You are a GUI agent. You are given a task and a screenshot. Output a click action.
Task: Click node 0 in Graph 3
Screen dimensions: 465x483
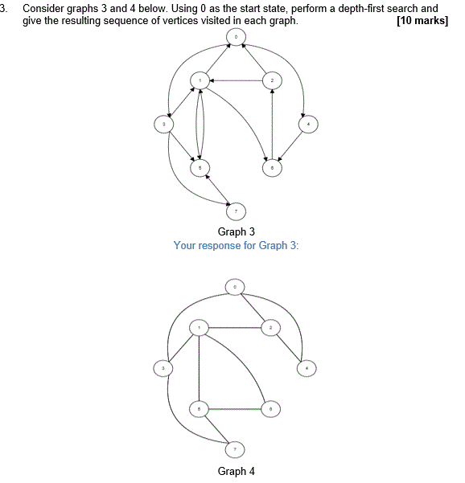click(x=236, y=37)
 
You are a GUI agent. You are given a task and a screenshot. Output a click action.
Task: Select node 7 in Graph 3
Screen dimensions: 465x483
click(x=236, y=211)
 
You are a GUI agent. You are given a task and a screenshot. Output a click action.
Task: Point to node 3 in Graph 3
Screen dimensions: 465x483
click(x=164, y=124)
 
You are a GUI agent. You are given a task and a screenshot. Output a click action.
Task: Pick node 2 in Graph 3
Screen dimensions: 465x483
click(x=272, y=80)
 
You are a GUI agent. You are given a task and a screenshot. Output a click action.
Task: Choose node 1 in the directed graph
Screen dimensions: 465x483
click(x=200, y=80)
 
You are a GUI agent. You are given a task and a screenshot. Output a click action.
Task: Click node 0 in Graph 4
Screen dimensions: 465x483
click(x=235, y=286)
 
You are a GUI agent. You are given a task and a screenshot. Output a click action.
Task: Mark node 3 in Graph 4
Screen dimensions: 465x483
click(x=163, y=368)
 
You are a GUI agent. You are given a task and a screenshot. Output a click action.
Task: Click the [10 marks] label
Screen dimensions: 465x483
click(x=422, y=20)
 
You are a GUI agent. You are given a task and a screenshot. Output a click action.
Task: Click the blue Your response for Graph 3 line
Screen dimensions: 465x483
click(x=236, y=245)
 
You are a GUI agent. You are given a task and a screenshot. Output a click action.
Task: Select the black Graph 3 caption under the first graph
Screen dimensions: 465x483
click(x=236, y=232)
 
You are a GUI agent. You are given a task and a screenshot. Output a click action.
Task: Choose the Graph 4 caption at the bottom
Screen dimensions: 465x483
click(x=236, y=471)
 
